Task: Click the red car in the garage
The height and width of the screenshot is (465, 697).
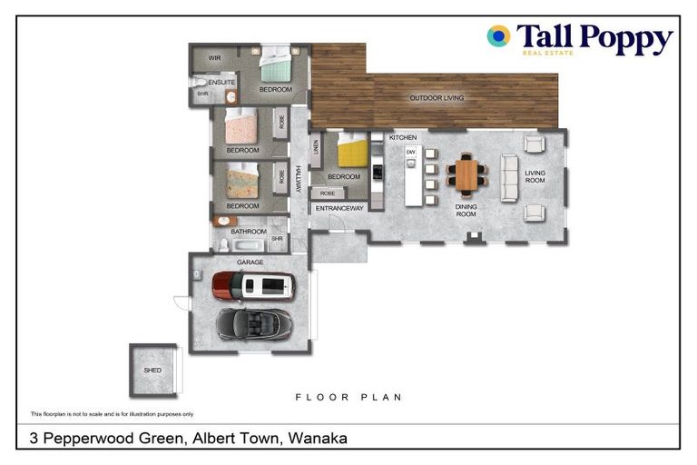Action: pos(253,285)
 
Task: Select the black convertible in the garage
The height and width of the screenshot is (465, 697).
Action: pos(254,322)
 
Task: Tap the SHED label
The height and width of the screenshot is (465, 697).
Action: pos(152,371)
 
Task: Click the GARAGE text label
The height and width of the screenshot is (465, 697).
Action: pos(250,262)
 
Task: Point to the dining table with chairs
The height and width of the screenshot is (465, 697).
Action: pos(466,174)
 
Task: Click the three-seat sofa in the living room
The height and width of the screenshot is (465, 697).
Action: pos(508,177)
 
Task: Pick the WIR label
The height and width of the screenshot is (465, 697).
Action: pos(214,58)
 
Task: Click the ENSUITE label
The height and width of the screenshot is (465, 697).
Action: pos(221,83)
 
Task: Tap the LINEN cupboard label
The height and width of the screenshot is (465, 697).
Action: pos(316,147)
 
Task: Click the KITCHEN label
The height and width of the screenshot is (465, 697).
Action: pos(403,137)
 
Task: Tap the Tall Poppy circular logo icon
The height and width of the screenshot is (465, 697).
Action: pos(498,36)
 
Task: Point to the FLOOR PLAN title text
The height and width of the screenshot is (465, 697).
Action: pos(348,398)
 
